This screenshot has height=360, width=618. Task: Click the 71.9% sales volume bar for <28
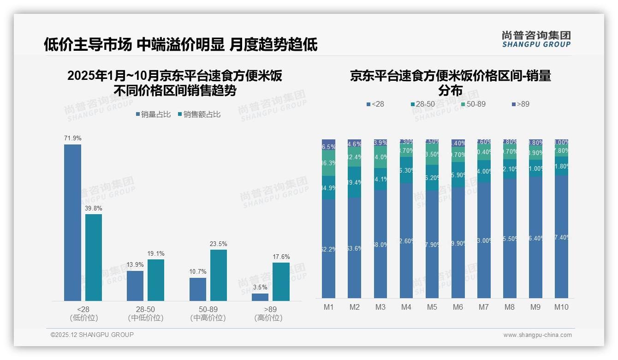click(x=72, y=222)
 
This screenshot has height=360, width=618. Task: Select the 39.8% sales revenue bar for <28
click(x=94, y=257)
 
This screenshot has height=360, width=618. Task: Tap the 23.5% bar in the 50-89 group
click(x=219, y=275)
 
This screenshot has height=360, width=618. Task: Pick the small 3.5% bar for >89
click(x=260, y=297)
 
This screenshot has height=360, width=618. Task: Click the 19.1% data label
click(x=156, y=254)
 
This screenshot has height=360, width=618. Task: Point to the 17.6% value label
click(x=281, y=257)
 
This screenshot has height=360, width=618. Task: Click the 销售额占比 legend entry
click(x=199, y=114)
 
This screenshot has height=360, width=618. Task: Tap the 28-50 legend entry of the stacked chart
click(x=422, y=104)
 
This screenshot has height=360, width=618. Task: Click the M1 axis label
click(x=328, y=307)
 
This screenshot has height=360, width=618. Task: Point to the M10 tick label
click(x=561, y=307)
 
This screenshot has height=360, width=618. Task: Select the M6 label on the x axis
click(x=458, y=307)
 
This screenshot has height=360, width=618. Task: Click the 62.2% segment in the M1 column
click(x=328, y=249)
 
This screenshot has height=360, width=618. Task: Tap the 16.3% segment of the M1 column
click(x=328, y=163)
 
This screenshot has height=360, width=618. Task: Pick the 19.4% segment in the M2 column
click(x=354, y=182)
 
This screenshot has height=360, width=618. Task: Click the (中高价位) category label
click(x=208, y=318)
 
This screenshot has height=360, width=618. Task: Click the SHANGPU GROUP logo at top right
click(x=536, y=39)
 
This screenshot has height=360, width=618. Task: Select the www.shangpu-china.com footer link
click(x=537, y=335)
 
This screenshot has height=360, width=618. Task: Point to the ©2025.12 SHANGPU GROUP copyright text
click(x=92, y=335)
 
